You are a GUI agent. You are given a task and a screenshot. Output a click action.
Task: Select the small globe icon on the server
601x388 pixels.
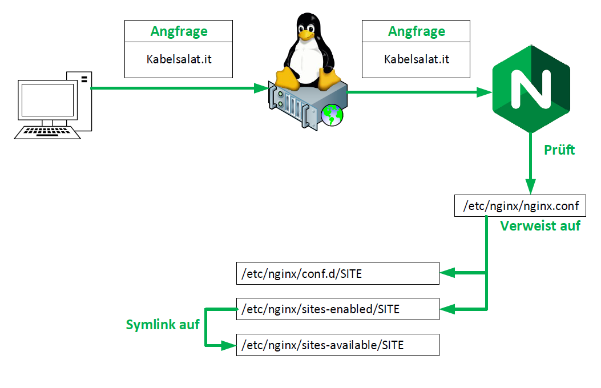point(332,115)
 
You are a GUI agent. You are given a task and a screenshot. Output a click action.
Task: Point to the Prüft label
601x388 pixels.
point(559,150)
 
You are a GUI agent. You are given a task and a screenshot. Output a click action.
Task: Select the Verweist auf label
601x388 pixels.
point(540,225)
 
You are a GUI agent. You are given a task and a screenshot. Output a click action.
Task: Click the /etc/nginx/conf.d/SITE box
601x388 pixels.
point(337,274)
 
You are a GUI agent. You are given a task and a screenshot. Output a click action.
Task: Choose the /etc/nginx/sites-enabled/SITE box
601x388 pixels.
point(337,309)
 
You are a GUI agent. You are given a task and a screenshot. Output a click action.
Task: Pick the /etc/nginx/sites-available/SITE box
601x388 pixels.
point(337,345)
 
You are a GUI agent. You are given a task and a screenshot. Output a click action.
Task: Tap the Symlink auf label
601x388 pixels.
point(163,325)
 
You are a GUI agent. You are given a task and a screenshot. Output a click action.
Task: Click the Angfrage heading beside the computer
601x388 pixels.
point(179,31)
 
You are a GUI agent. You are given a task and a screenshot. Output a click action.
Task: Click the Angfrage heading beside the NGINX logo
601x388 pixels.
point(416,31)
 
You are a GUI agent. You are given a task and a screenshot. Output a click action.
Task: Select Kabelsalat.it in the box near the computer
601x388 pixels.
point(179,59)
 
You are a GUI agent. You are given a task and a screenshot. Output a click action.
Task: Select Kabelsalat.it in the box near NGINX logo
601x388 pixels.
point(416,59)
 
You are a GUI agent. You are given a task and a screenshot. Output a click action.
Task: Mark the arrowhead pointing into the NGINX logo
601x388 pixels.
point(486,91)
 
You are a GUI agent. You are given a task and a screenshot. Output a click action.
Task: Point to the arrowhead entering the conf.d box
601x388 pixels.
point(446,274)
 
